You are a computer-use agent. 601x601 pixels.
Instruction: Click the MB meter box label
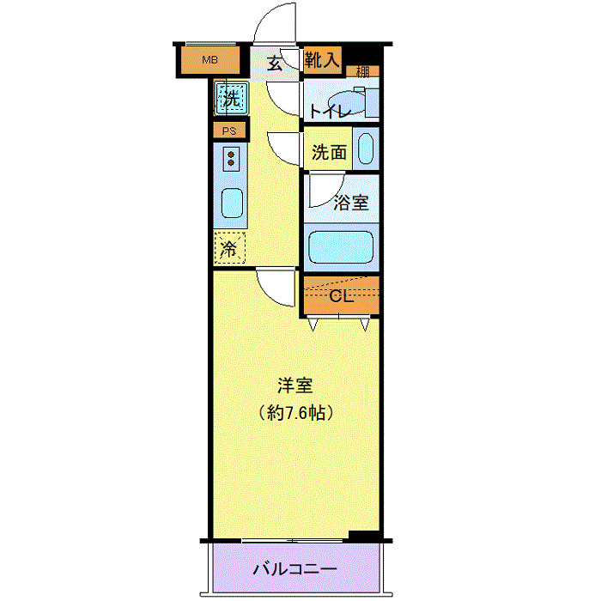coord(209,60)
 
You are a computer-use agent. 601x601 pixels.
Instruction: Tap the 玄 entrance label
coord(274,63)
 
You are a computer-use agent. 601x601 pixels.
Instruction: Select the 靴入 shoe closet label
coord(323,59)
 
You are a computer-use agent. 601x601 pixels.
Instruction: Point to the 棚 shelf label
coord(363,71)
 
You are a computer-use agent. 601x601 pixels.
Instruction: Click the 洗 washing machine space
coord(231,98)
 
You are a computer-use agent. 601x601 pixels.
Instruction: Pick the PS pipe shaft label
coord(229,131)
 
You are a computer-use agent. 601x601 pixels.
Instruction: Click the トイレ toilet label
coord(328,110)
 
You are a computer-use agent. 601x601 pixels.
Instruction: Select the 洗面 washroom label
coord(329,153)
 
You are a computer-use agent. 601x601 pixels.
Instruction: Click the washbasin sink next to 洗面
coord(365,150)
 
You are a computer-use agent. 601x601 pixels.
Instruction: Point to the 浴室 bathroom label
coord(351,203)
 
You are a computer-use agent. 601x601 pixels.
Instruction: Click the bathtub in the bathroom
coord(341,247)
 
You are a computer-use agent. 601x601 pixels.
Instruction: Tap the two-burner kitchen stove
coord(232,159)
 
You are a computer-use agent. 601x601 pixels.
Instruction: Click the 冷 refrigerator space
coord(229,250)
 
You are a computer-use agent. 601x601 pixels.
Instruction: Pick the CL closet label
coord(341,297)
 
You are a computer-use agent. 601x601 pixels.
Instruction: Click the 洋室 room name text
coord(294,385)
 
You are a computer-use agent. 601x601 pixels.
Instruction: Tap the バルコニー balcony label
coord(294,570)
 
